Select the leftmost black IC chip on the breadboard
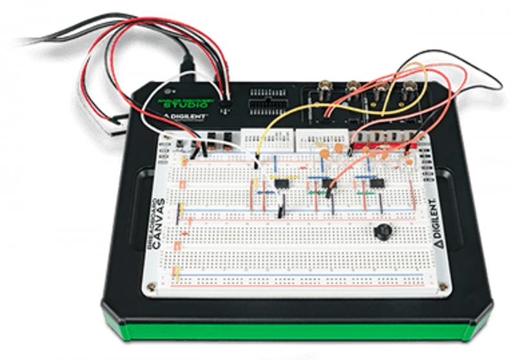tap(283, 184)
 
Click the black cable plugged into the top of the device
tap(189, 65)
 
